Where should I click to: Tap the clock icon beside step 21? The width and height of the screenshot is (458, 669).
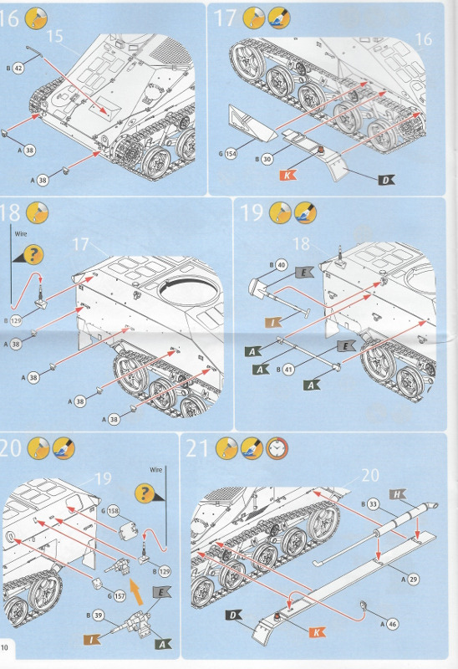277,449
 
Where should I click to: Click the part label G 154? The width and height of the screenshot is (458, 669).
229,153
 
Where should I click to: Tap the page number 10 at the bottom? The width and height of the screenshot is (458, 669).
6,647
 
